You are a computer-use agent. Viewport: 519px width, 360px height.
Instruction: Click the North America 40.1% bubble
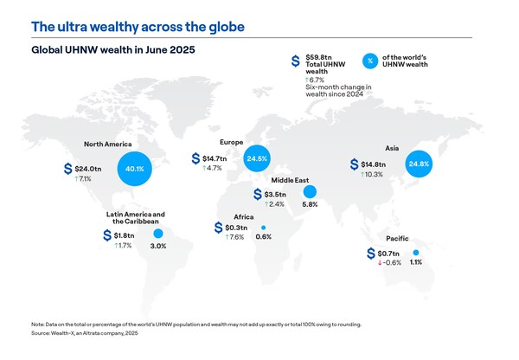point(131,169)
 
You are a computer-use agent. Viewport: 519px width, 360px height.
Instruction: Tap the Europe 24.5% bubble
point(256,158)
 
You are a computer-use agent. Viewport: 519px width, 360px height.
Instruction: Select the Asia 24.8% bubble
point(418,164)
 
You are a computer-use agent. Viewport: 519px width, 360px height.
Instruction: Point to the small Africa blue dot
point(264,227)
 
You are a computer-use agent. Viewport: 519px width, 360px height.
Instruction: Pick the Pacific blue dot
point(416,251)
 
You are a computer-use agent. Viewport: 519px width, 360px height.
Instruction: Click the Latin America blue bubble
point(157,234)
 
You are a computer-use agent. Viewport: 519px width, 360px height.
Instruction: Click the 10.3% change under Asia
point(375,175)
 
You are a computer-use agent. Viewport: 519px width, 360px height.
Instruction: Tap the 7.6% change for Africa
point(235,237)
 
